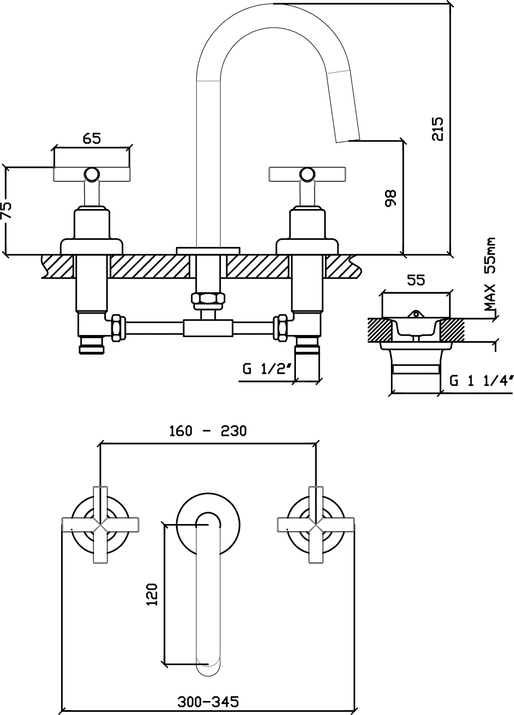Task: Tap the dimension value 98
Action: pyautogui.click(x=390, y=198)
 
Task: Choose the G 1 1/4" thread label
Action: pyautogui.click(x=482, y=381)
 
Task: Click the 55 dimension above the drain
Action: pyautogui.click(x=416, y=280)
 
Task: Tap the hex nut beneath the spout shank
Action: pyautogui.click(x=208, y=299)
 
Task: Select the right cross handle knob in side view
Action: pyautogui.click(x=307, y=174)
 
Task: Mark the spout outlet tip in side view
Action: pyautogui.click(x=348, y=139)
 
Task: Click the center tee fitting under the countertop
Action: pyautogui.click(x=208, y=328)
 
